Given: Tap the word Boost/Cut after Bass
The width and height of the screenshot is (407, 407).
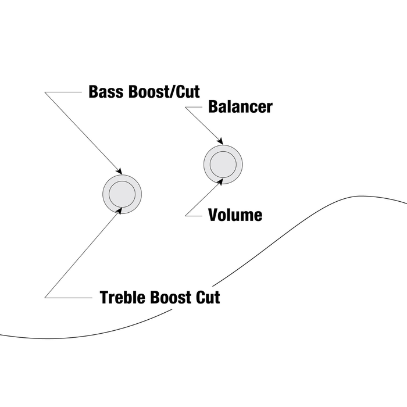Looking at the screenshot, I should tap(160, 92).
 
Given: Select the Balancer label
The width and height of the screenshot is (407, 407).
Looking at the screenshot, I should tap(240, 108).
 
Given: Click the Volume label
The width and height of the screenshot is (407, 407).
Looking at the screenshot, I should tap(235, 216).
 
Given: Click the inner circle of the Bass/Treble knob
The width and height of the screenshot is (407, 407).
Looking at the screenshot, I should tap(122, 194).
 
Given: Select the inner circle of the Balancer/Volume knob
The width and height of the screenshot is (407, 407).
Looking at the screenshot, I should tap(223, 164).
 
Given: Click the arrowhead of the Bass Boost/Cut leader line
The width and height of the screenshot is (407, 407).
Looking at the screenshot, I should tap(120, 172).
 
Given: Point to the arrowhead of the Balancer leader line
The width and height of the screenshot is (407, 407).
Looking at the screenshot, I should tap(220, 142).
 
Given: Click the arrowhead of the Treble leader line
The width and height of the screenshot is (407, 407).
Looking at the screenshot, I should tap(120, 209).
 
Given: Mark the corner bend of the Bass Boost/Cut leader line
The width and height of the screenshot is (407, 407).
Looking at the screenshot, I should tap(45, 92).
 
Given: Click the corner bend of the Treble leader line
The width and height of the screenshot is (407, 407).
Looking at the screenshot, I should tap(45, 298).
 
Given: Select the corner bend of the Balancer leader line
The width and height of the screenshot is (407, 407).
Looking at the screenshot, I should tap(185, 108).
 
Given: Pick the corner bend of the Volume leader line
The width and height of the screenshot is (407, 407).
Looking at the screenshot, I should tap(185, 216).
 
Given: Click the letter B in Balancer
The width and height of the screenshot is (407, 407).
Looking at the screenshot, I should tap(213, 108).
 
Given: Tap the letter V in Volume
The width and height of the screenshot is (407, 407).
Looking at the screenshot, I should tap(213, 216).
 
